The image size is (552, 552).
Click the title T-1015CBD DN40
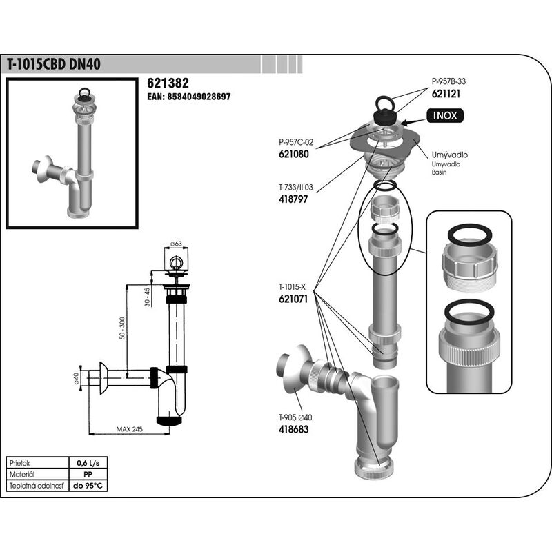coord(54,64)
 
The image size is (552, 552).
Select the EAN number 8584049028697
coord(199,97)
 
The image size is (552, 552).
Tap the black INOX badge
coord(445,115)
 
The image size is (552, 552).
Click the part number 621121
coord(446,94)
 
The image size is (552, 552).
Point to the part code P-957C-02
coord(296,142)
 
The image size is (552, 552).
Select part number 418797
coord(293,199)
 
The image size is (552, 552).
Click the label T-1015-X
coord(293,287)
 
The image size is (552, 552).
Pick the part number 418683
coord(293,429)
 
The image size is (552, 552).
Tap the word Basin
coord(439,172)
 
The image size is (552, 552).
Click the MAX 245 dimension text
coord(129,429)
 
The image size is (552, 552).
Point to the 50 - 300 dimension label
coord(122,328)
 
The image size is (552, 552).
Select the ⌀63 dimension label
coord(176,244)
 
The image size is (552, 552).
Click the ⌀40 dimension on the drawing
coord(76,377)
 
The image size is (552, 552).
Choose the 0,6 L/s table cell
coord(88,463)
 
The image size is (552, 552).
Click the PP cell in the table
coord(88,475)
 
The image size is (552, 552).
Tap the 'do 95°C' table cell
coord(88,486)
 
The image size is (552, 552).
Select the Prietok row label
coord(20,463)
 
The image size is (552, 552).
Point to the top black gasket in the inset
coord(469,234)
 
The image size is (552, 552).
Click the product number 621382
coord(168,83)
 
